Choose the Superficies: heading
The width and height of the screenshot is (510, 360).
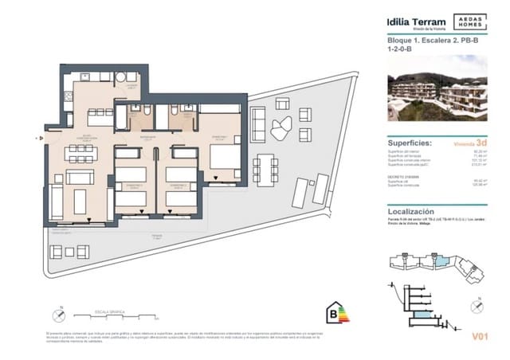pyautogui.click(x=410, y=139)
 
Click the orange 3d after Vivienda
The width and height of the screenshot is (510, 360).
pyautogui.click(x=481, y=145)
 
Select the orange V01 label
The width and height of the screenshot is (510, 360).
pyautogui.click(x=478, y=337)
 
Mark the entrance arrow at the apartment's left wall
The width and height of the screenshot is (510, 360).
pyautogui.click(x=38, y=138)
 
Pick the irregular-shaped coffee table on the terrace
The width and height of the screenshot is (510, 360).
pyautogui.click(x=280, y=127)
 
